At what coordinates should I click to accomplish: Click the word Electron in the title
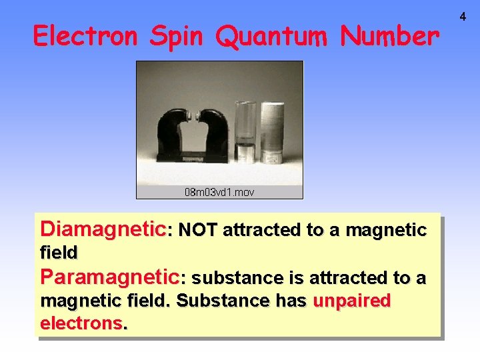click(x=87, y=36)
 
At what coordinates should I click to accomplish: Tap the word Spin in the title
click(x=177, y=37)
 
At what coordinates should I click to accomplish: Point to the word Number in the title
click(x=389, y=36)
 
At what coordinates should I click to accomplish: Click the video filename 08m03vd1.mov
click(x=219, y=192)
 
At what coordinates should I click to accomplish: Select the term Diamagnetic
click(x=103, y=229)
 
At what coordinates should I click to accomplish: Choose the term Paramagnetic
click(x=109, y=276)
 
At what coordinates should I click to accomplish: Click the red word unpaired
click(x=351, y=301)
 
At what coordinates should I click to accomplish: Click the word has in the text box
click(x=291, y=301)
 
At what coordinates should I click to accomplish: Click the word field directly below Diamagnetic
click(x=59, y=253)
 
